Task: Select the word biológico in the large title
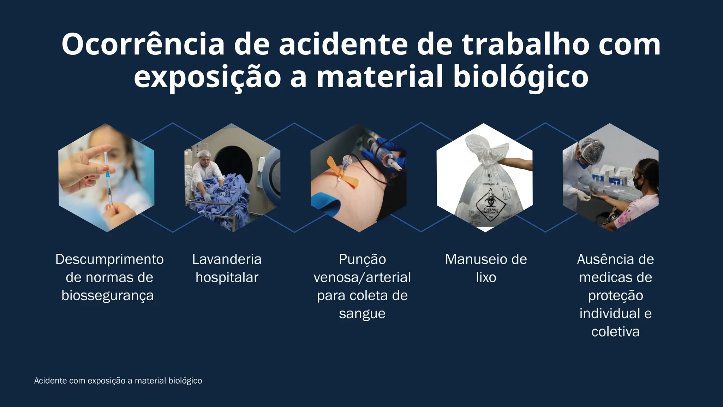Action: pyautogui.click(x=521, y=77)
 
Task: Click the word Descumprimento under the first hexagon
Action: pyautogui.click(x=109, y=260)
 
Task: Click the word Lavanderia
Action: pyautogui.click(x=227, y=260)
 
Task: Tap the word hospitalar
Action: pyautogui.click(x=227, y=278)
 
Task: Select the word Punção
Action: pyautogui.click(x=362, y=260)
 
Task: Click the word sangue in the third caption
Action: pyautogui.click(x=362, y=314)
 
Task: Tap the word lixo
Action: pyautogui.click(x=486, y=278)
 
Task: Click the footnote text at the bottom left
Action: pyautogui.click(x=118, y=381)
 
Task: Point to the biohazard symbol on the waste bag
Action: pyautogui.click(x=490, y=201)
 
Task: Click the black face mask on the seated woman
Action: pyautogui.click(x=638, y=183)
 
